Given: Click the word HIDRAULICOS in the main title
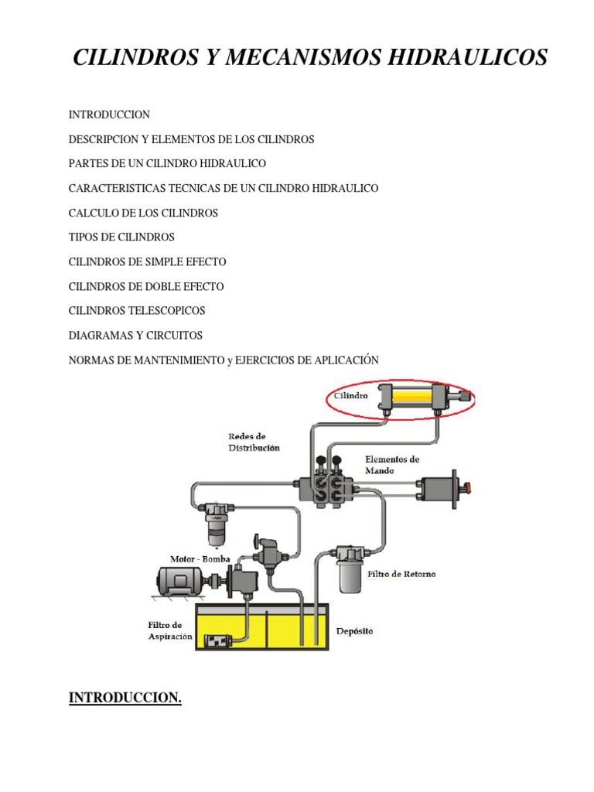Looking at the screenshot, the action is coord(441,57).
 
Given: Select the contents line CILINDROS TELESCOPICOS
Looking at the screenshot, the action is coord(137,311).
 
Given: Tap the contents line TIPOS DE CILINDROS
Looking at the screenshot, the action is coord(121,237).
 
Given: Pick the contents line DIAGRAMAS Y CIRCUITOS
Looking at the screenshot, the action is coord(135,336).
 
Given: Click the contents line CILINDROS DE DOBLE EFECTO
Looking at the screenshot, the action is coord(146,286).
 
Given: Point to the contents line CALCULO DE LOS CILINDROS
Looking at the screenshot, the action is coord(143,213).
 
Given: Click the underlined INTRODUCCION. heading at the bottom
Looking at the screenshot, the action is coord(125,698).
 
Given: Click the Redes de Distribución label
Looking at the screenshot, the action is coord(254,442).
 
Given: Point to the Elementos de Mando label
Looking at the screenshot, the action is coord(392,464).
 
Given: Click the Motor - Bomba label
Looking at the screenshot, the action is coord(200,558).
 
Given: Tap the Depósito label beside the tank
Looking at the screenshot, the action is coord(354,631).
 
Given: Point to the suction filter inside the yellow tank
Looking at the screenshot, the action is coord(220,640).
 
